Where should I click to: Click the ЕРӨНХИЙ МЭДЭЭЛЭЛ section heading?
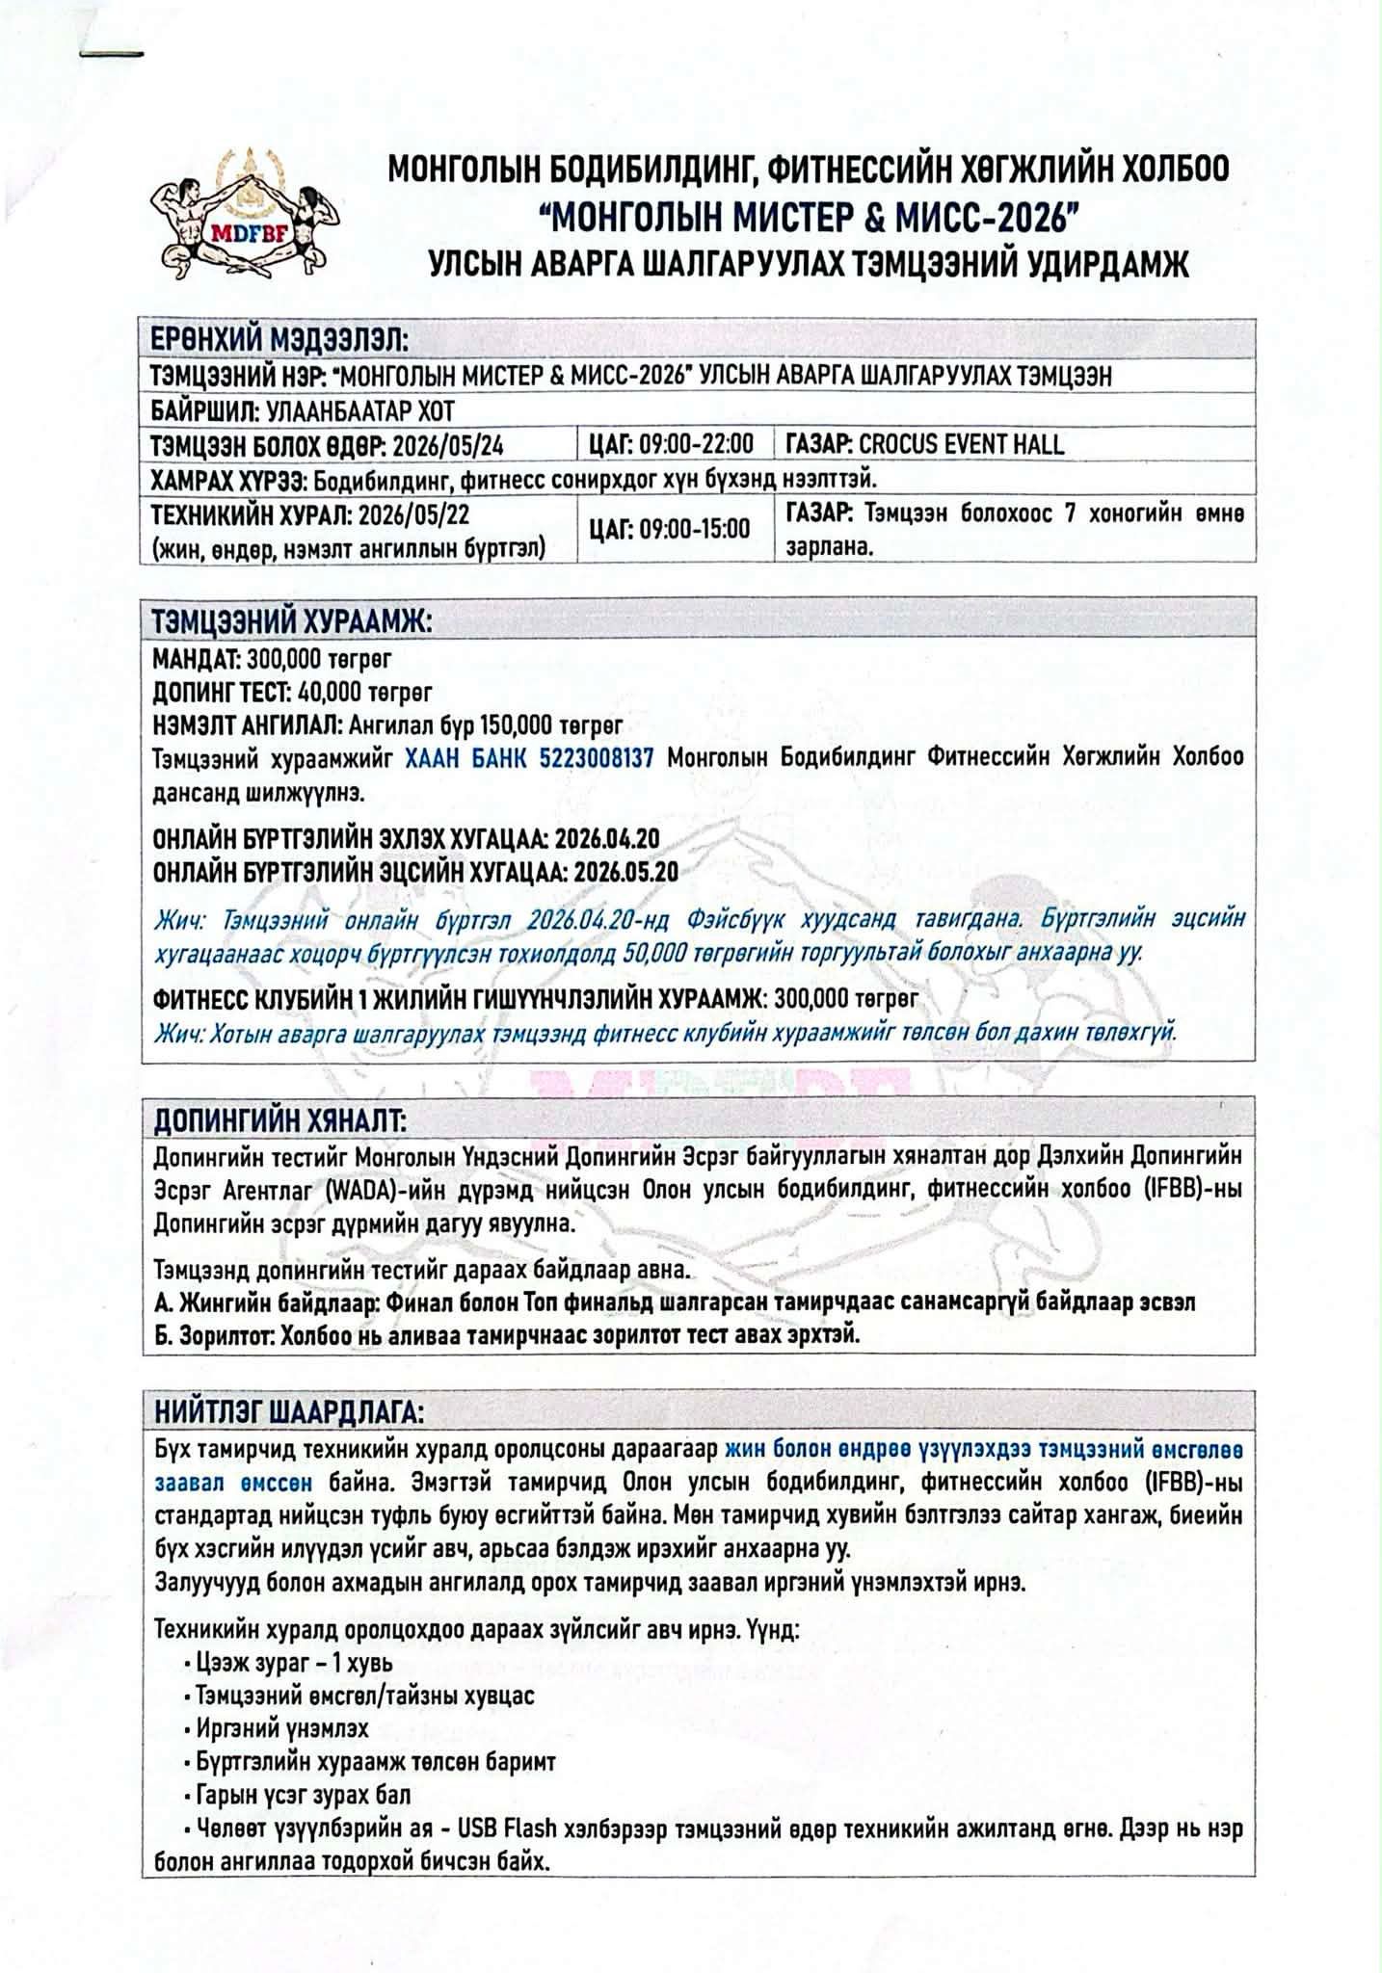[280, 340]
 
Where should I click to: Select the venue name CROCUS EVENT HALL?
[961, 445]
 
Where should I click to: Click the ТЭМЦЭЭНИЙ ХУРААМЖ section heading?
[291, 621]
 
